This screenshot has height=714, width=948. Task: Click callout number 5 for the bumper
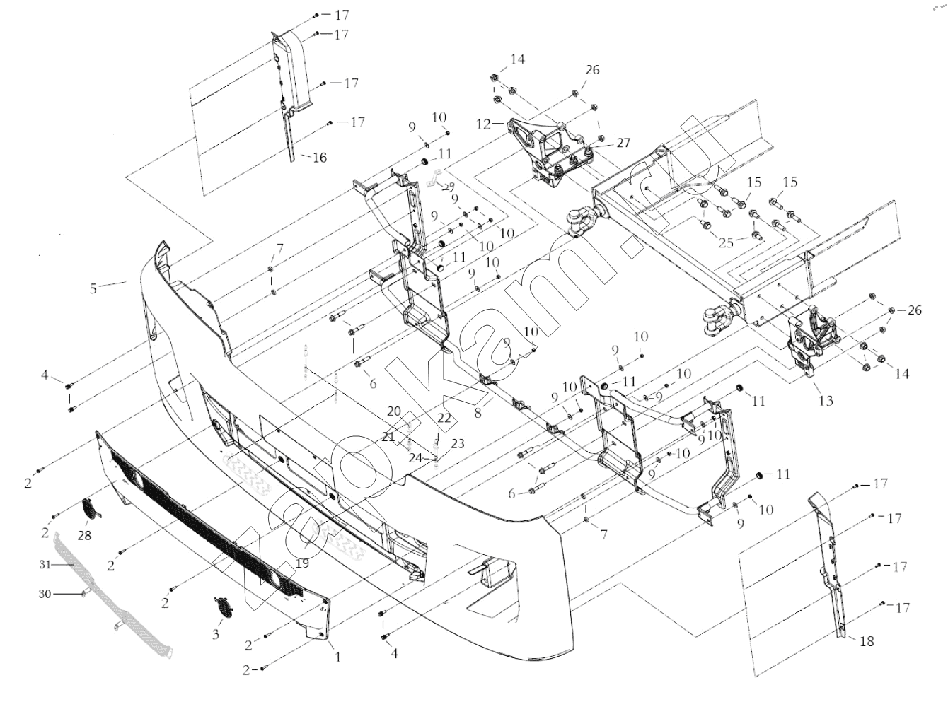click(x=93, y=288)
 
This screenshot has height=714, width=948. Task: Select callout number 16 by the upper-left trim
click(x=319, y=158)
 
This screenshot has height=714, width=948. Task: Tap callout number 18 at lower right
click(x=867, y=641)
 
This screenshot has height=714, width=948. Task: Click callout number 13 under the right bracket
click(x=826, y=401)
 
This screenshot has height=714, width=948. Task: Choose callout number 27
click(x=623, y=143)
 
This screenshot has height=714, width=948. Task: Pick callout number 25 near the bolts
click(x=726, y=243)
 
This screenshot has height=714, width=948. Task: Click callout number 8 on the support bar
click(x=478, y=412)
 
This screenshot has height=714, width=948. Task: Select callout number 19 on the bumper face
click(x=303, y=563)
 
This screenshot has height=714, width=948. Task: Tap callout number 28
click(x=84, y=536)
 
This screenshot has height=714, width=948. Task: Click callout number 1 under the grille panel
click(x=338, y=657)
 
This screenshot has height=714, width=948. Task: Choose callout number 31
click(x=45, y=564)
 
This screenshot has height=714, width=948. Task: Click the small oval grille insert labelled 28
click(x=90, y=508)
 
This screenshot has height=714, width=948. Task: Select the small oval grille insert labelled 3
click(x=222, y=607)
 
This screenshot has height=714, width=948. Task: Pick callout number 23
click(x=458, y=444)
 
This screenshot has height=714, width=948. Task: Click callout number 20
click(x=394, y=411)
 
